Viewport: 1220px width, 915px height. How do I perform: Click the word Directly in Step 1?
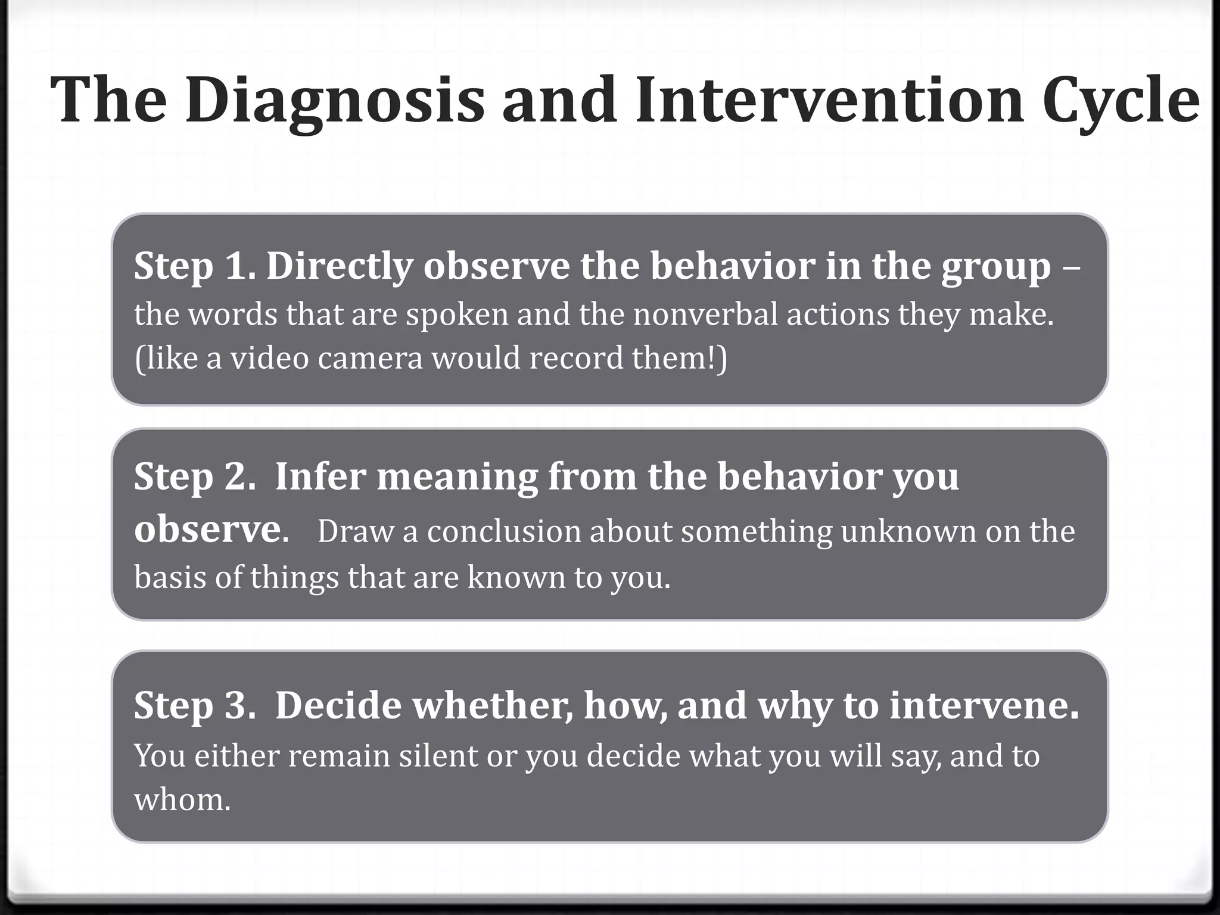click(340, 266)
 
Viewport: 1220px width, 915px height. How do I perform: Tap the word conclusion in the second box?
click(504, 531)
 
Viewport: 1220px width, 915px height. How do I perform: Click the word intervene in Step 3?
click(984, 705)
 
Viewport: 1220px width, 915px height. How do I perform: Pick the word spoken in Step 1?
click(457, 315)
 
